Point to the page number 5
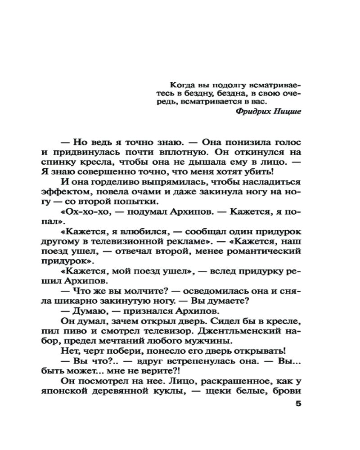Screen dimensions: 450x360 click(x=297, y=404)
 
